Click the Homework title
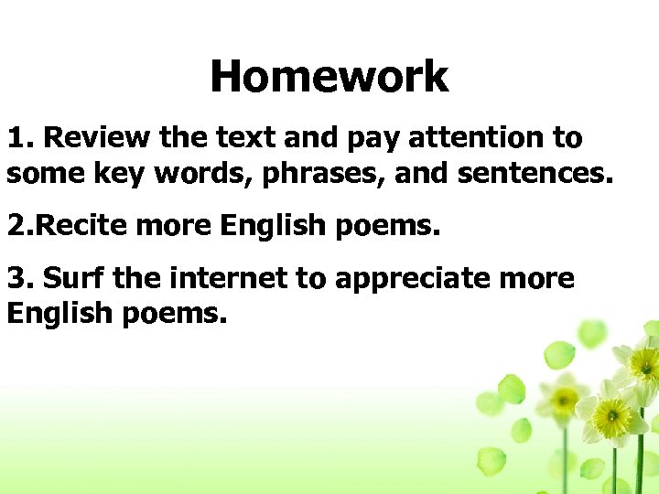coord(329,77)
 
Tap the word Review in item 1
coord(98,138)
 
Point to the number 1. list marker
coord(21,138)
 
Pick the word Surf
coord(76,278)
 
